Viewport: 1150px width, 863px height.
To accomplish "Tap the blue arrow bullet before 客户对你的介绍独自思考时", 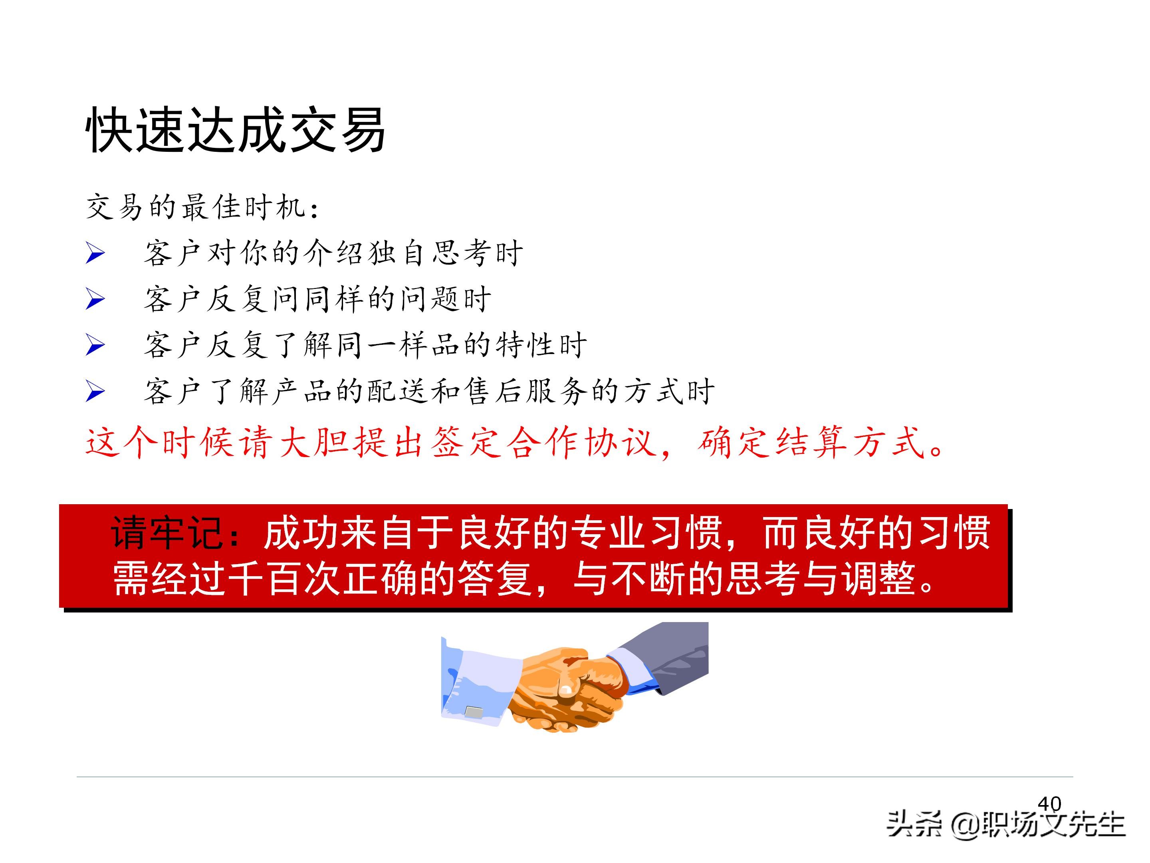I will (95, 253).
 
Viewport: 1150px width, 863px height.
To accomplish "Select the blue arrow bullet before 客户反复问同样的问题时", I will (95, 299).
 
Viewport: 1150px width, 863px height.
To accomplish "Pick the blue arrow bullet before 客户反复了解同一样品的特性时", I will (95, 346).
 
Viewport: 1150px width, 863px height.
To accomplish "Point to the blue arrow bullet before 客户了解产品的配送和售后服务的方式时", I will (95, 391).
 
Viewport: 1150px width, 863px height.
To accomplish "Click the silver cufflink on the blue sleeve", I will (473, 712).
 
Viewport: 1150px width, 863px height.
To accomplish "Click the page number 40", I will (1049, 804).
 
